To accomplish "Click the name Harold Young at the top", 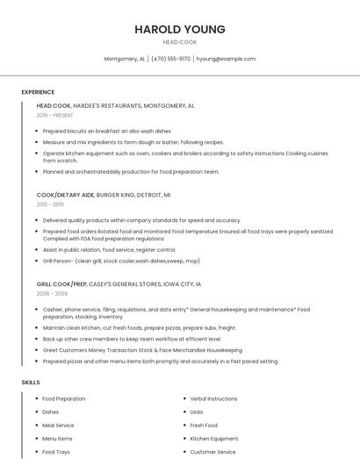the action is tap(180, 29).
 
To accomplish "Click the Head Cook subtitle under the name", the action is tap(180, 42).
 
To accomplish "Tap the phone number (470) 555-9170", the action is tap(170, 59).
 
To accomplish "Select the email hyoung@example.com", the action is tap(226, 59).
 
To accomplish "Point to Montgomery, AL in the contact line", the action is tap(124, 59).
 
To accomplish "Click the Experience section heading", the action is tap(38, 92).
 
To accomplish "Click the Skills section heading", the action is tap(31, 383).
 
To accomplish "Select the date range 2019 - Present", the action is tap(55, 115).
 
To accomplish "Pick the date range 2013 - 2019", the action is tap(50, 204).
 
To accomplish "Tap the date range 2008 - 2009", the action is tap(52, 294).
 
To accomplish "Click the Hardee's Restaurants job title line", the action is tap(115, 105).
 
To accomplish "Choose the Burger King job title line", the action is tap(104, 195).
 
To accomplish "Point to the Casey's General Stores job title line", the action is tap(119, 284).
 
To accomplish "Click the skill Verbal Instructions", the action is tap(213, 398).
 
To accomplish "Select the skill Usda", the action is tap(197, 411).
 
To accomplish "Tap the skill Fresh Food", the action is tap(204, 425).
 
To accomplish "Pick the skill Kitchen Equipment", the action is tap(214, 439).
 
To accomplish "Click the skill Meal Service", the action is tap(58, 425).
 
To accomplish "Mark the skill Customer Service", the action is tap(212, 452).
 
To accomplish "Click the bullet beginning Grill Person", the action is tap(120, 261).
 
